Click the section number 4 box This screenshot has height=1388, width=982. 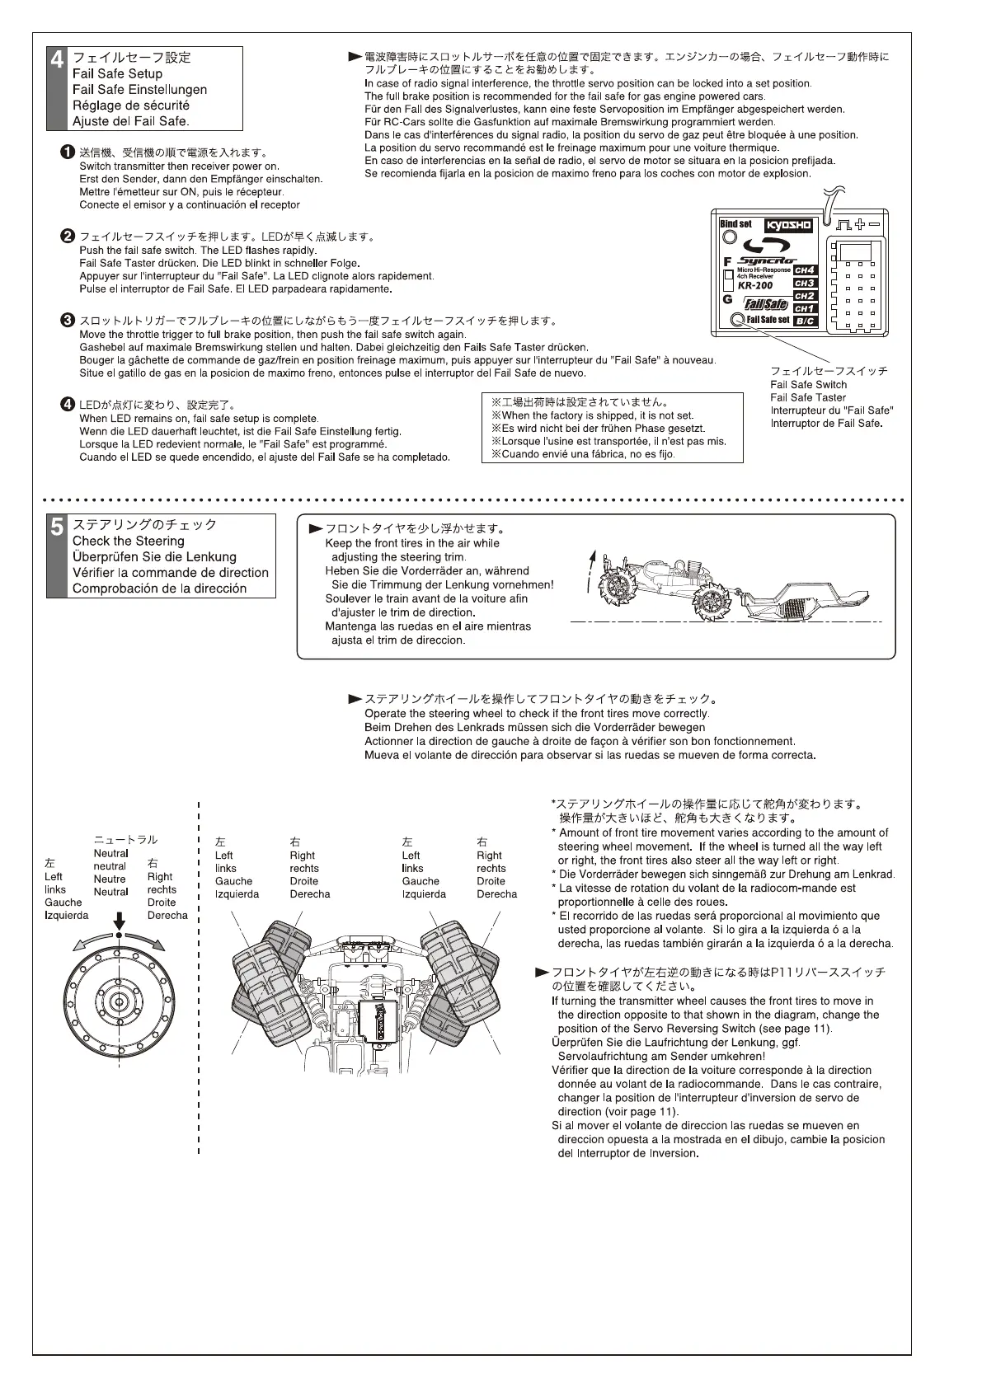pyautogui.click(x=57, y=87)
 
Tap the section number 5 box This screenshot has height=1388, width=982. pyautogui.click(x=57, y=556)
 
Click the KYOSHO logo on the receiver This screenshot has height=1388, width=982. pyautogui.click(x=788, y=225)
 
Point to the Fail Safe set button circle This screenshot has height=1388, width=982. pyautogui.click(x=738, y=320)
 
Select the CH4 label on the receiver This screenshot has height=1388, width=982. pyautogui.click(x=804, y=270)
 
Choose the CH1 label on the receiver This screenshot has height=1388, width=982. pyautogui.click(x=804, y=308)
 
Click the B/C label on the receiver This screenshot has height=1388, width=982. pyautogui.click(x=804, y=321)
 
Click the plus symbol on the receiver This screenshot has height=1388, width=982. pyautogui.click(x=860, y=223)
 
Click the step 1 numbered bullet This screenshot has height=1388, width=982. pyautogui.click(x=68, y=152)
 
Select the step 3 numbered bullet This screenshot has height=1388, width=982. pyautogui.click(x=68, y=320)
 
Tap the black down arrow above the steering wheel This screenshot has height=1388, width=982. pyautogui.click(x=120, y=921)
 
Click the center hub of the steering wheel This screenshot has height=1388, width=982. pyautogui.click(x=120, y=1001)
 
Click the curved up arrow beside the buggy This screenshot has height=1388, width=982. pyautogui.click(x=590, y=570)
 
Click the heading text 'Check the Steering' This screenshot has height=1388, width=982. pyautogui.click(x=128, y=541)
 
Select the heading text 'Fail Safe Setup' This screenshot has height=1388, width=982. pyautogui.click(x=117, y=73)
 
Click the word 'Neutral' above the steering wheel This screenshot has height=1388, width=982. pyautogui.click(x=110, y=853)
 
